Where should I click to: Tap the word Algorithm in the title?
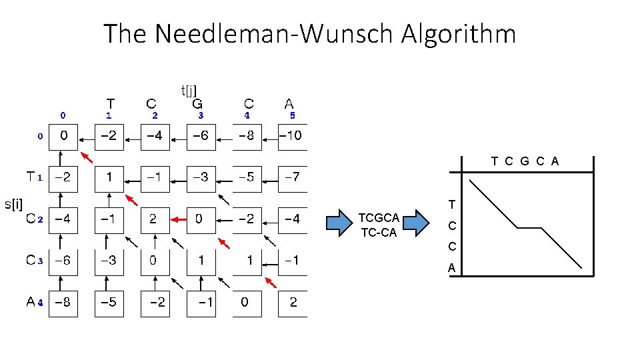click(459, 33)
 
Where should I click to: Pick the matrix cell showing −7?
click(292, 177)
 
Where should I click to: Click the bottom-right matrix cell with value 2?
click(292, 302)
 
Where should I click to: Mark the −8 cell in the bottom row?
click(63, 302)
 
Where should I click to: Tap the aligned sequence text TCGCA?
click(379, 218)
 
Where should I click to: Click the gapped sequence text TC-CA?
click(379, 232)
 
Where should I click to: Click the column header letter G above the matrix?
click(197, 104)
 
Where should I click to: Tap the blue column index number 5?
click(292, 115)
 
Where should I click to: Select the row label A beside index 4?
click(31, 301)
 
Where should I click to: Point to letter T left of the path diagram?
click(451, 204)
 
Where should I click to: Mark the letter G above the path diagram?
click(525, 161)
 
